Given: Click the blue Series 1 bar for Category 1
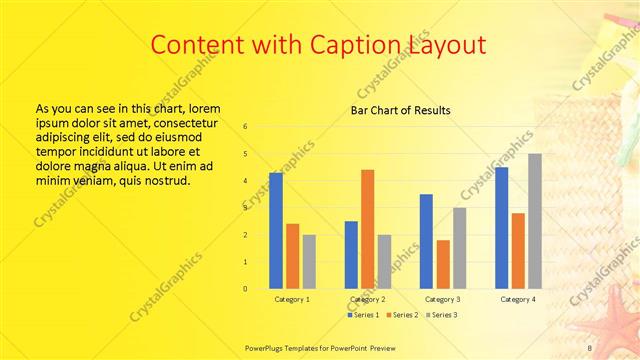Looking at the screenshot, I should click(275, 230).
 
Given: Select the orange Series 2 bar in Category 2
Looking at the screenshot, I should click(367, 229).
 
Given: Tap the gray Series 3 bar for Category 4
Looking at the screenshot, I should click(535, 221).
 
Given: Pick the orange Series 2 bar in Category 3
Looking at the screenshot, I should click(443, 264).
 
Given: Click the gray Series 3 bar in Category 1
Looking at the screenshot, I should click(309, 262).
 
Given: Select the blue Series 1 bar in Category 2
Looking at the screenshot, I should click(351, 255).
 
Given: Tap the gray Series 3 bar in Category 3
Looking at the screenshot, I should click(459, 248).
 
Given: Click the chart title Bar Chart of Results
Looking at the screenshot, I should click(400, 110).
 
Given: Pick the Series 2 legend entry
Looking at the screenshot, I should click(400, 315).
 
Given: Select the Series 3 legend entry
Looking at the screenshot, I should click(440, 315).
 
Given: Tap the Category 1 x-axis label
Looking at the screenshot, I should click(292, 299).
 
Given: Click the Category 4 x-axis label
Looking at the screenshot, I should click(518, 299).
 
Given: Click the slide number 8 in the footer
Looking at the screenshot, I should click(590, 347).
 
